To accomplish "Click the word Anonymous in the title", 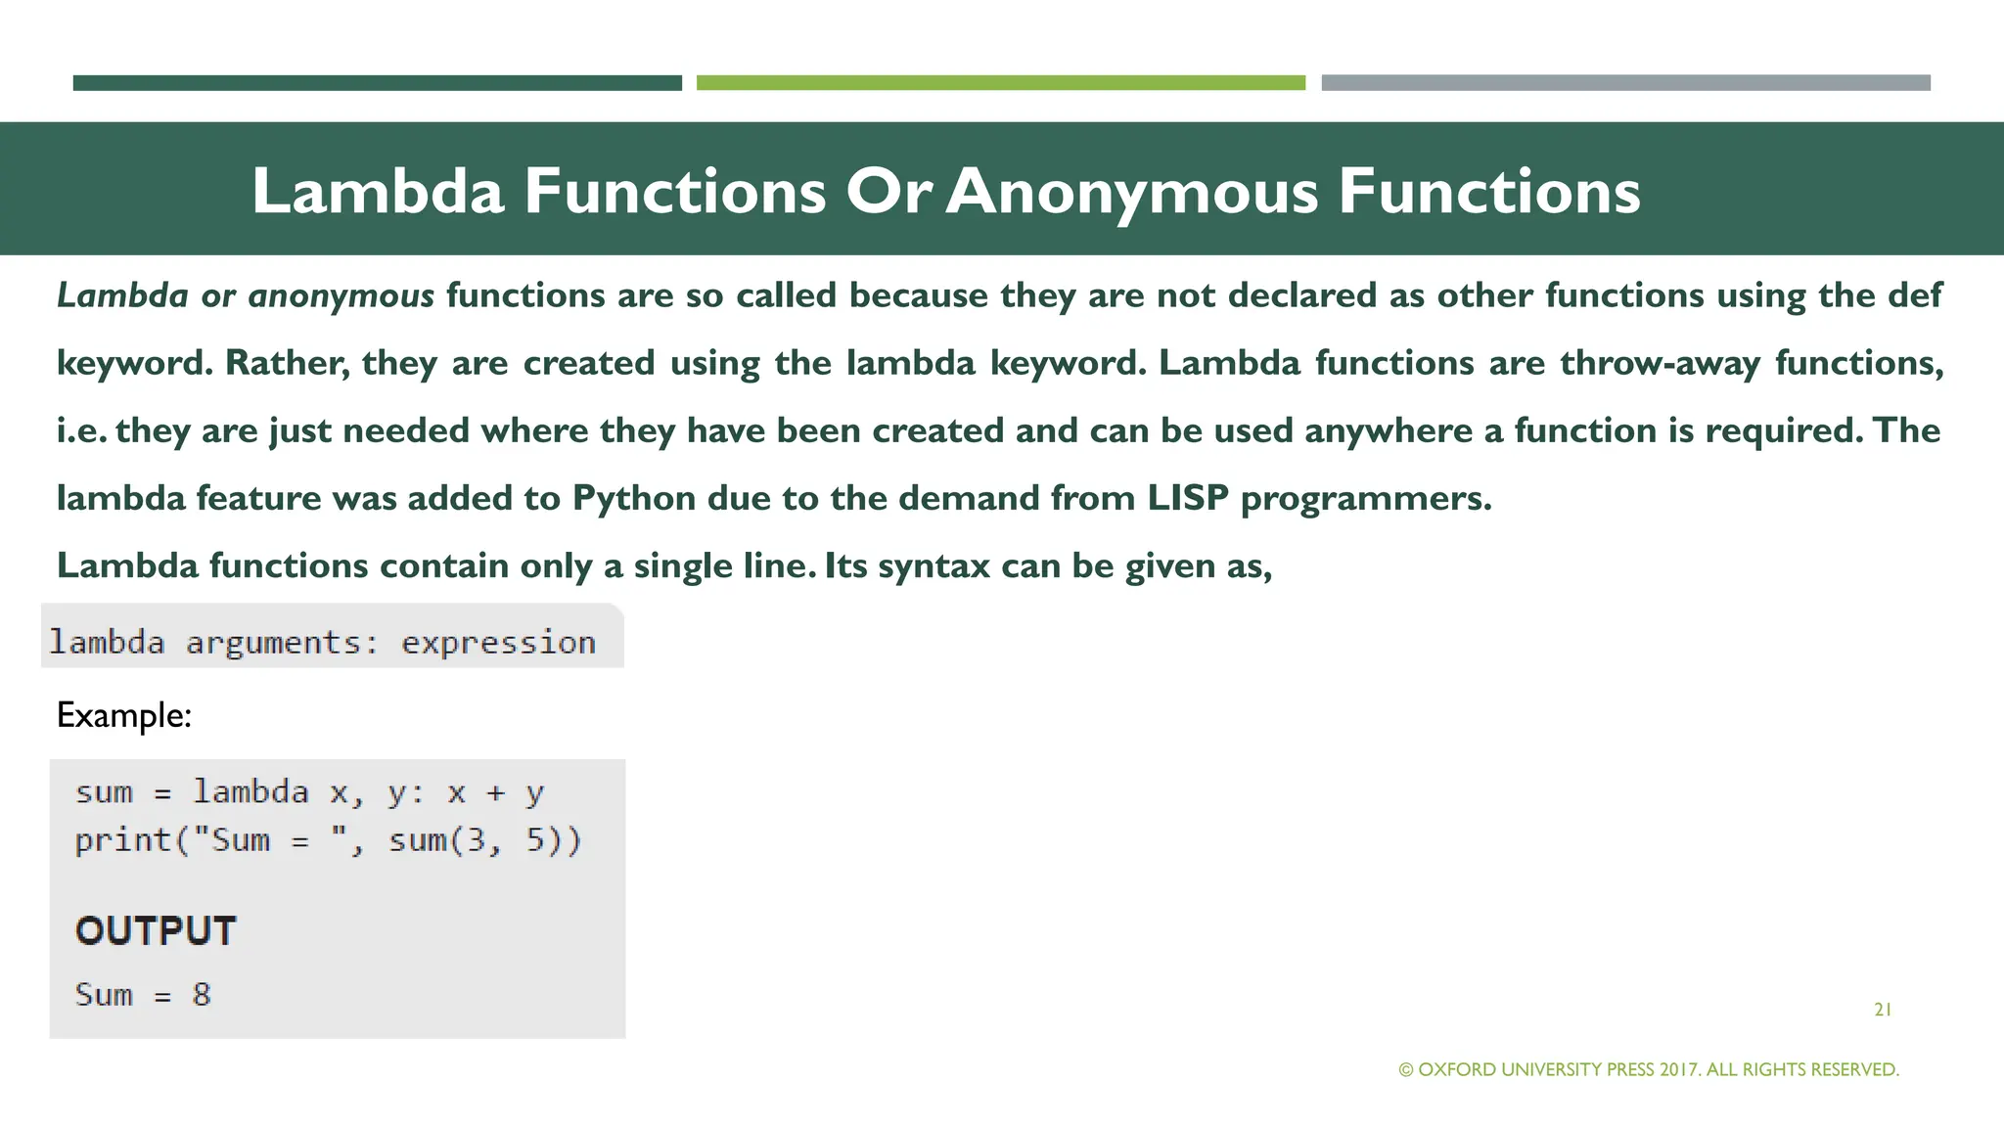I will click(1131, 192).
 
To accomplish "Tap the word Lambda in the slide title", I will click(378, 192).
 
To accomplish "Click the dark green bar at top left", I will click(377, 83).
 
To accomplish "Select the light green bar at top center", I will click(1000, 83).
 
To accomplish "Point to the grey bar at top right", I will click(1625, 83).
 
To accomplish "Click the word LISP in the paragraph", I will click(1187, 498).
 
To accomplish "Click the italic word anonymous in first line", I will click(341, 295).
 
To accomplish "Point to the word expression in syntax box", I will click(498, 643).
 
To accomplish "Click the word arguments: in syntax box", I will click(282, 643).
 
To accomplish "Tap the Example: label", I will click(123, 715).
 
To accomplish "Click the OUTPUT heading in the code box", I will click(156, 930).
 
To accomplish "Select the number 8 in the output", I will click(202, 995).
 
